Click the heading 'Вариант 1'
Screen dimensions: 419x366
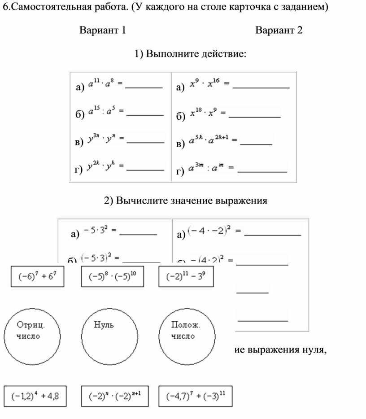pos(102,31)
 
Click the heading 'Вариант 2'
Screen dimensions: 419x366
pos(279,31)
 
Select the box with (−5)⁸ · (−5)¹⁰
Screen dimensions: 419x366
pos(112,276)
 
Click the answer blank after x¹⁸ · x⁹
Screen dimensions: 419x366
pos(255,117)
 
